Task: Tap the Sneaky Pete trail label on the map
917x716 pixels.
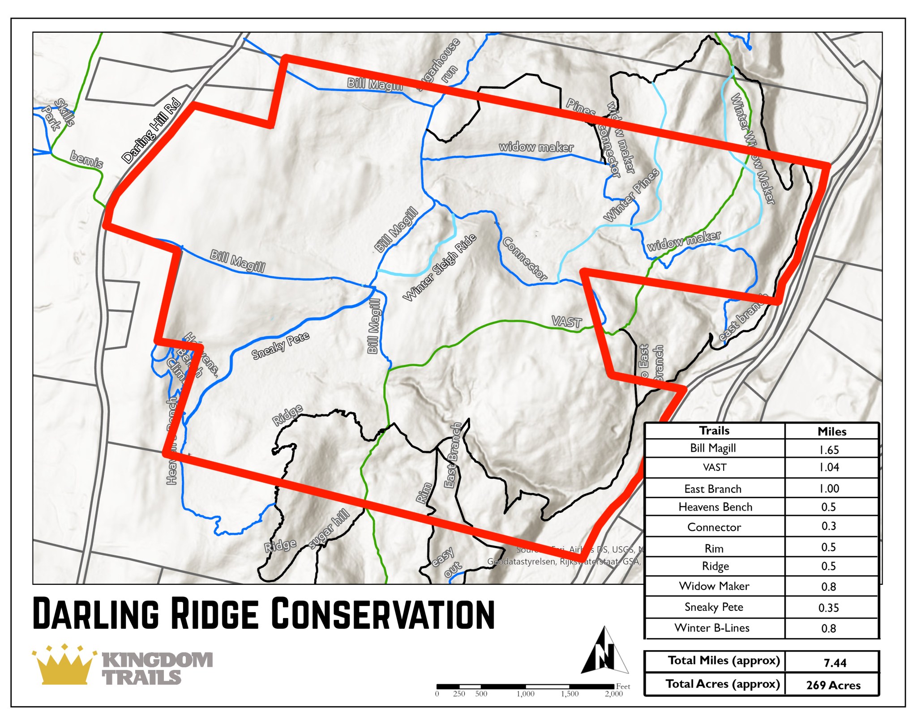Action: [280, 345]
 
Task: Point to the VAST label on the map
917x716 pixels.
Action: [566, 321]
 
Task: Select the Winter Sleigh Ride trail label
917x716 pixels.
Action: [439, 268]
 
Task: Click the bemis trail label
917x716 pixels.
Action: [87, 159]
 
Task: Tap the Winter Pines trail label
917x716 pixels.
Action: [631, 195]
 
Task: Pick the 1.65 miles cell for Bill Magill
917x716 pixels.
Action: [829, 449]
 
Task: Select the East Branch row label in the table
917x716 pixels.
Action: [713, 489]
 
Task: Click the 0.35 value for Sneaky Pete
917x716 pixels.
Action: [828, 607]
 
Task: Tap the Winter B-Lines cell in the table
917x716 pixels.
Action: [712, 628]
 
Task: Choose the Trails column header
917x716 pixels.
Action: [714, 430]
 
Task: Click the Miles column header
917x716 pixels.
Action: [831, 431]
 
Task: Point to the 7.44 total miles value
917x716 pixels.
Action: [835, 662]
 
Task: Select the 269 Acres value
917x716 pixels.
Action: [833, 685]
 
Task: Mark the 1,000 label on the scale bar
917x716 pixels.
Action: [525, 694]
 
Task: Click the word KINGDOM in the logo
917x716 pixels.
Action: [158, 660]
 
